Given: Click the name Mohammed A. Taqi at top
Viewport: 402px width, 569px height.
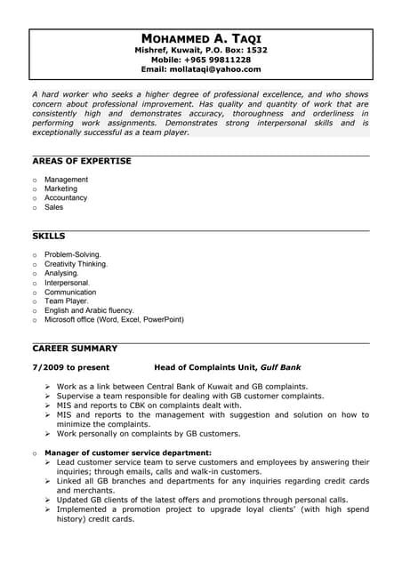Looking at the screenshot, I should pos(201,39).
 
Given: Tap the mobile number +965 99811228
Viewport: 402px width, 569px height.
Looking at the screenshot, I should pos(223,60).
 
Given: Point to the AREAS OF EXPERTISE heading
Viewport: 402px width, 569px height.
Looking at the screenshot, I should pos(82,161).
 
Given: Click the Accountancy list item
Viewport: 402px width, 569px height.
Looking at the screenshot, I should pos(66,198).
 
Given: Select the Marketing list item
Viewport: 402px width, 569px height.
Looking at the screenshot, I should pos(60,188).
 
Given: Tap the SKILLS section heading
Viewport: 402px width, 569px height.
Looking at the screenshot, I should pos(49,237).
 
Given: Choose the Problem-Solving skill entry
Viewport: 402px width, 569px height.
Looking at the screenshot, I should pos(73,254).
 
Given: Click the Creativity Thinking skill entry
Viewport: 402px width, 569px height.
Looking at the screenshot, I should pos(76,264).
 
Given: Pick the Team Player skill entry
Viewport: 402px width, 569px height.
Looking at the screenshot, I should pos(67,301).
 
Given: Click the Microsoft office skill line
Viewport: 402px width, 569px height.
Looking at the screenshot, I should pos(114,319).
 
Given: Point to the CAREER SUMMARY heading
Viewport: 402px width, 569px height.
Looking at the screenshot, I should pos(75,348).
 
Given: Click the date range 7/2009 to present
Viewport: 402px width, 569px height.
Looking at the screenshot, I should pos(70,366).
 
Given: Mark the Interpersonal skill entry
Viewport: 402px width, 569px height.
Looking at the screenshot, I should pos(68,282).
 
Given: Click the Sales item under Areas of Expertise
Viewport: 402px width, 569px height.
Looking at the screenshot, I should pos(54,207).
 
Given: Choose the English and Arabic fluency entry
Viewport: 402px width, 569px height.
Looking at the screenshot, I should pos(96,310).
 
